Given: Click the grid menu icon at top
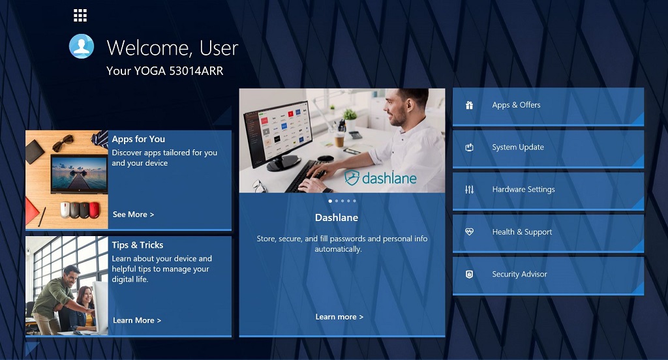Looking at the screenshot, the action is coord(80,16).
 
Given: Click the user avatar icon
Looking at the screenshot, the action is coord(82,46).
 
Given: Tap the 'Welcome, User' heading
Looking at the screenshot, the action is coord(172,48).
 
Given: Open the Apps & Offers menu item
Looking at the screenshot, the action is coord(516,105).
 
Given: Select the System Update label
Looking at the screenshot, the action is coord(517,147).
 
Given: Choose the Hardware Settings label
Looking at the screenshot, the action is coord(523,190).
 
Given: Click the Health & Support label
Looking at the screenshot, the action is coord(522,232).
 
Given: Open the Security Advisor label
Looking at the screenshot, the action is coord(519,274).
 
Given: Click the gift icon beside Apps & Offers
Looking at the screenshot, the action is coord(469,105).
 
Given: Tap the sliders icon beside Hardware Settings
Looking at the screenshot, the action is coord(469,190).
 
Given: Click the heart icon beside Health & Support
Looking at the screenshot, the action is coord(469,232).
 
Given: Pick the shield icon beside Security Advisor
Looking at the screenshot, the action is coord(469,274).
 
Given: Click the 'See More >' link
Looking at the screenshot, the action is coord(133,215).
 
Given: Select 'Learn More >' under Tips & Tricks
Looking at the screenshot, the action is coord(137,320).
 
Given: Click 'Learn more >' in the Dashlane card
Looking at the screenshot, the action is coord(339,317).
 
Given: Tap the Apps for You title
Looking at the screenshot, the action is coord(138,140).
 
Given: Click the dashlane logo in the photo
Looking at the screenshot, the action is coord(380,177).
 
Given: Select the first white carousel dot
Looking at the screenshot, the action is coord(330,201).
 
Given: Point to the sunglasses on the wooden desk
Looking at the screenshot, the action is coord(63,142).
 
